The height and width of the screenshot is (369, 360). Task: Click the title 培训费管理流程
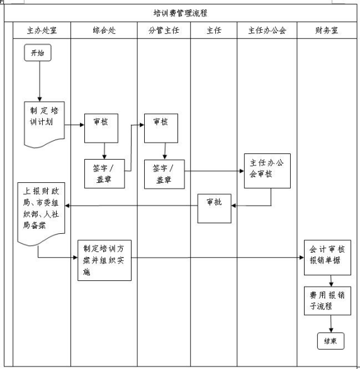click(x=180, y=13)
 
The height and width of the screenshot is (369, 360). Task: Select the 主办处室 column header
click(x=42, y=30)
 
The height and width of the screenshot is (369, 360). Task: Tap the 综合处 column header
click(x=104, y=30)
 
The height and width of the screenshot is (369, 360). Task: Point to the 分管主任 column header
click(x=164, y=30)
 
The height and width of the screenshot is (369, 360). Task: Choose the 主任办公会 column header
click(x=267, y=30)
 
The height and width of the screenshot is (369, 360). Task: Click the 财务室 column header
click(x=327, y=30)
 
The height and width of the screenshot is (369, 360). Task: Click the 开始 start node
click(x=38, y=53)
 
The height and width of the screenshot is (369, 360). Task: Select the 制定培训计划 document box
click(x=44, y=124)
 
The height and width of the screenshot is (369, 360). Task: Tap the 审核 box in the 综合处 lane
click(x=101, y=128)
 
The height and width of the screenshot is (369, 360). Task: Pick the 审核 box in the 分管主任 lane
click(x=161, y=128)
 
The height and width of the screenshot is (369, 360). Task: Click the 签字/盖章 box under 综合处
click(x=104, y=173)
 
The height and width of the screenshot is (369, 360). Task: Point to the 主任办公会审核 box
click(x=267, y=171)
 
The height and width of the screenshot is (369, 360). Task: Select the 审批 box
click(x=215, y=208)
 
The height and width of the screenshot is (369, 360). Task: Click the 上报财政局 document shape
click(x=42, y=214)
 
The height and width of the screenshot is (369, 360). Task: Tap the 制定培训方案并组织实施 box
click(x=104, y=260)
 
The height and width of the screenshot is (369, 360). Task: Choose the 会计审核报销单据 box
click(x=327, y=258)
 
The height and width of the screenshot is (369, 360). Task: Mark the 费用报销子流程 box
click(x=327, y=300)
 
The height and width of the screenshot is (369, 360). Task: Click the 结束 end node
click(x=331, y=341)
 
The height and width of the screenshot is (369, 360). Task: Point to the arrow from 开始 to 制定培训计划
click(x=40, y=81)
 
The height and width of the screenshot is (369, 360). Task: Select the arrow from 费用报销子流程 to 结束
click(x=331, y=324)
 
